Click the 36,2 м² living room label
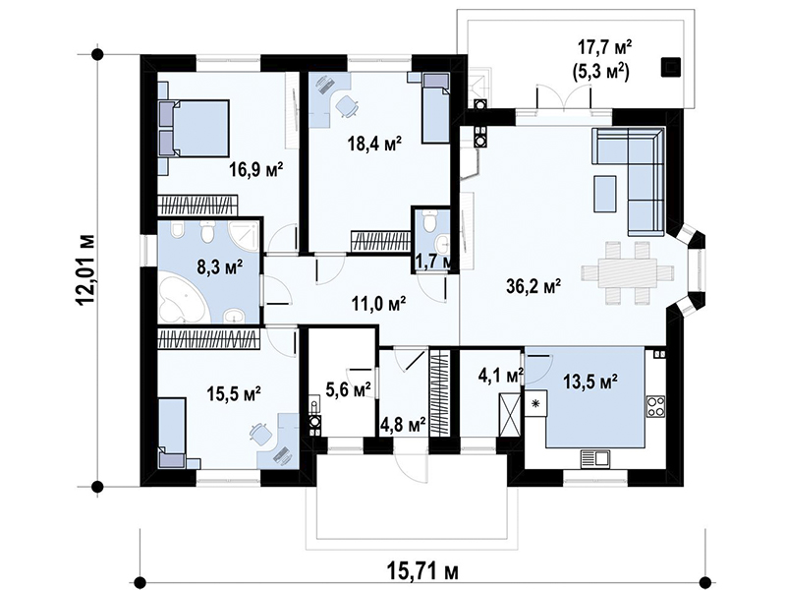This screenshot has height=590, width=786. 533,286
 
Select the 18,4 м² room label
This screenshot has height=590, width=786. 375,144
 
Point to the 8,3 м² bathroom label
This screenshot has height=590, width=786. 219,265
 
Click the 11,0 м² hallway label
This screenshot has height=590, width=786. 378,304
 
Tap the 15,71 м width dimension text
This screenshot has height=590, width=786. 423,570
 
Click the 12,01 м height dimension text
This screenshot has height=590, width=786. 87,269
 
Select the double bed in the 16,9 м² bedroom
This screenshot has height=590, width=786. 194,129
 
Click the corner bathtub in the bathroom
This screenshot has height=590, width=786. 182,302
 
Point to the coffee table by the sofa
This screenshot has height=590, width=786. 605,194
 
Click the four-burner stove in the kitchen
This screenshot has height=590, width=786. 655,406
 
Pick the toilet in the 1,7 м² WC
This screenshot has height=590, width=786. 429,219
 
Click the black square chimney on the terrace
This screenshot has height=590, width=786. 670,67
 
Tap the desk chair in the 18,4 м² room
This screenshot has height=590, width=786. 346,106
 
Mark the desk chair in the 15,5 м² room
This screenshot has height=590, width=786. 259,434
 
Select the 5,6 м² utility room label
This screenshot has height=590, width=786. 348,388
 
